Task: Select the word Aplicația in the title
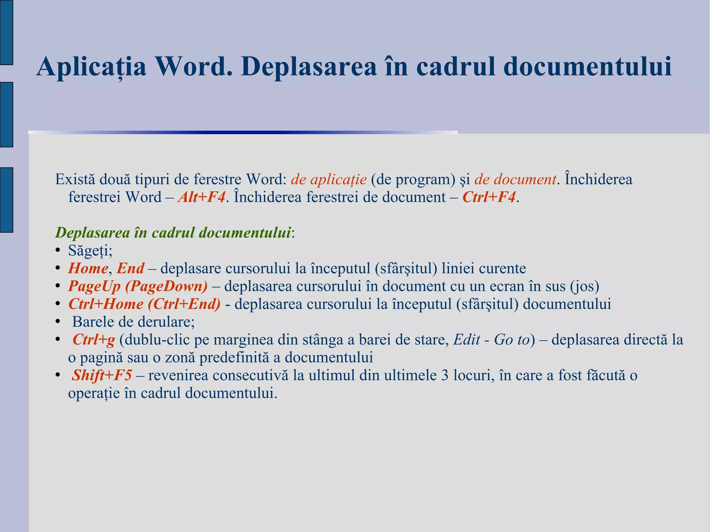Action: click(x=91, y=67)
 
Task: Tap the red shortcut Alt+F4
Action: click(x=201, y=197)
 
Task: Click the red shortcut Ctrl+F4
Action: click(x=489, y=197)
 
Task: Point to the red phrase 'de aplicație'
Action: click(x=329, y=180)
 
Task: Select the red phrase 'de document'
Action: click(x=515, y=180)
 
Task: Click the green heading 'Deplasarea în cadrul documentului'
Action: click(x=173, y=233)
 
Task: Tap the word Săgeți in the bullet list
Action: click(x=90, y=251)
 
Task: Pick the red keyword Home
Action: click(x=88, y=268)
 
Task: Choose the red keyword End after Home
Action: click(x=130, y=268)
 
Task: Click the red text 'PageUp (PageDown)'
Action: click(x=138, y=286)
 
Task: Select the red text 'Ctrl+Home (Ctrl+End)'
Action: click(x=144, y=304)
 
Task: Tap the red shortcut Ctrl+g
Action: click(x=94, y=340)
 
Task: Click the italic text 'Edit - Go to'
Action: click(x=492, y=340)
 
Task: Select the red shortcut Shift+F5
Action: click(x=102, y=375)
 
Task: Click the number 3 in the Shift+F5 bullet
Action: click(x=445, y=375)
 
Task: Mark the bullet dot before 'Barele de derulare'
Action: click(x=58, y=322)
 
